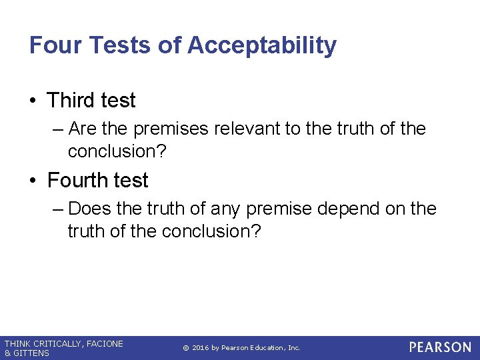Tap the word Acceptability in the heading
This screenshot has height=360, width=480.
[262, 45]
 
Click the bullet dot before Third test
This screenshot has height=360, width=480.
[33, 101]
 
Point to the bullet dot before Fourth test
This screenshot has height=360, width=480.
[33, 181]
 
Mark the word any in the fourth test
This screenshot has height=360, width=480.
[226, 209]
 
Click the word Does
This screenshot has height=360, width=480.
[90, 209]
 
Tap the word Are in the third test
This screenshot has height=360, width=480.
[82, 129]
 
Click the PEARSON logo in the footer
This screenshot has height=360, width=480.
[440, 347]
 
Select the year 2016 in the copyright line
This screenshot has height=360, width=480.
[201, 348]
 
